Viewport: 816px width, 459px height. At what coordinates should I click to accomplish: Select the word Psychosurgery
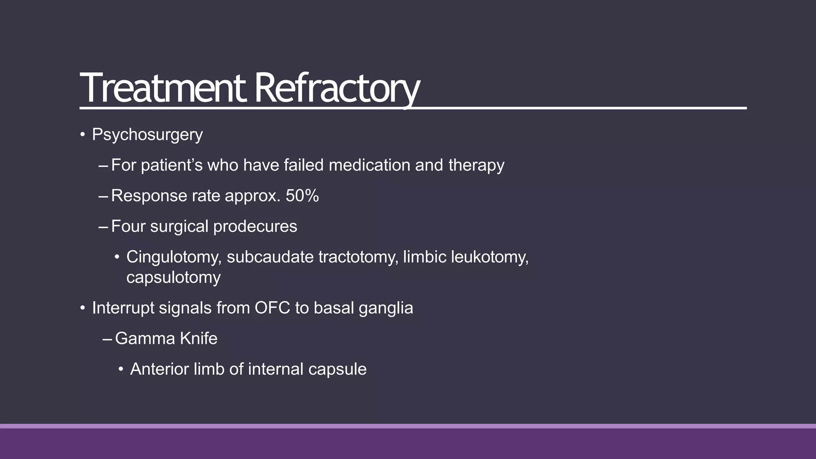coord(147,135)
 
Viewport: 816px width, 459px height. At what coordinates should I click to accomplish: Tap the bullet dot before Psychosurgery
coord(82,135)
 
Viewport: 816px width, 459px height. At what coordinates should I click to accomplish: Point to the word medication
coord(369,165)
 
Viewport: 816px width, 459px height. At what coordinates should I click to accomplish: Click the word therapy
coord(476,165)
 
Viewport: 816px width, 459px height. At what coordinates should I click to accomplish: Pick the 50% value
coord(302,196)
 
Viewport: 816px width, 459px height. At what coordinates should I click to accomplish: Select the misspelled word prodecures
coord(255,226)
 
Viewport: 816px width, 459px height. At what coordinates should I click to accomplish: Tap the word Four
coord(128,226)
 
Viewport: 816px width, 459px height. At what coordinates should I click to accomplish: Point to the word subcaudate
coord(270,257)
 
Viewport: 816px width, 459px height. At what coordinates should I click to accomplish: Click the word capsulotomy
coord(173,277)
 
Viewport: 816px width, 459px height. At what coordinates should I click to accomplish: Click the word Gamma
coord(145,339)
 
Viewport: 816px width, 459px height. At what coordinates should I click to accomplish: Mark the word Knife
coord(198,339)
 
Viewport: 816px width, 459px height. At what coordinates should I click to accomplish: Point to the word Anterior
coord(159,369)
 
